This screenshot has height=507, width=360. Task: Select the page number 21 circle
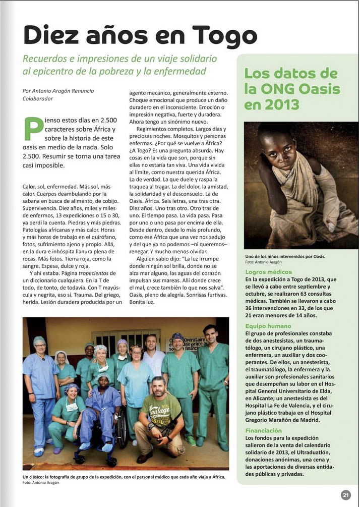pyautogui.click(x=345, y=495)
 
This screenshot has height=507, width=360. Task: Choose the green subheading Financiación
pyautogui.click(x=263, y=430)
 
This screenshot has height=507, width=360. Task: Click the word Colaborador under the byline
pyautogui.click(x=38, y=99)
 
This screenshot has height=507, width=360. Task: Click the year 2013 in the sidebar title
pyautogui.click(x=281, y=105)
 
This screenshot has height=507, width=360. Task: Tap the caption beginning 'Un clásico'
pyautogui.click(x=124, y=477)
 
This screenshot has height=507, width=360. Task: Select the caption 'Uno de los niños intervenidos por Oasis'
pyautogui.click(x=285, y=256)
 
